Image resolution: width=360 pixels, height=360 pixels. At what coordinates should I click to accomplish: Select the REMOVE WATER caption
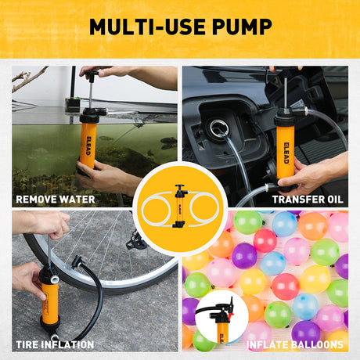(55, 199)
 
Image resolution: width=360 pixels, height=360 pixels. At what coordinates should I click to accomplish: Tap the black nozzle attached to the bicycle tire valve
(77, 263)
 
